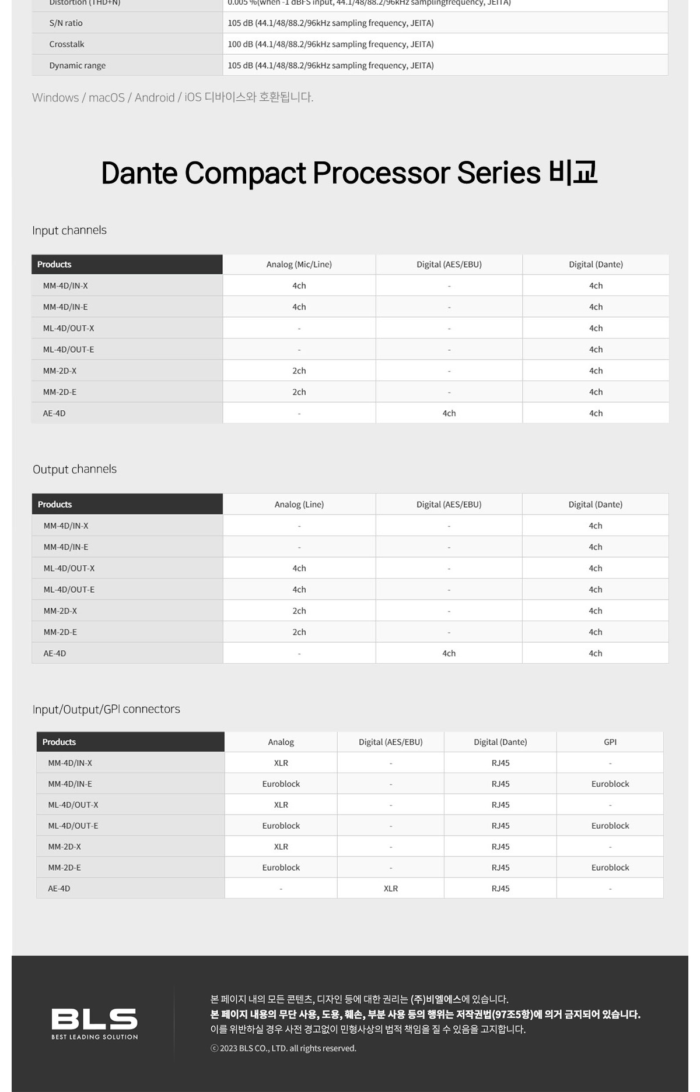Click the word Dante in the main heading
139,173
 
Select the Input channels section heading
69,230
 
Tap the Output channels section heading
75,469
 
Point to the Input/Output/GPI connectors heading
106,709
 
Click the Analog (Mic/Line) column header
299,265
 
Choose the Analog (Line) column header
299,505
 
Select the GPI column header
610,742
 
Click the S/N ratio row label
66,23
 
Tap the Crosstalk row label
66,44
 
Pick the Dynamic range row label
78,65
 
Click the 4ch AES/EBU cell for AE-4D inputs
449,413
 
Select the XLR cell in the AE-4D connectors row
391,889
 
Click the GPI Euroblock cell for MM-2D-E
610,868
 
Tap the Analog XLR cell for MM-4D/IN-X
281,763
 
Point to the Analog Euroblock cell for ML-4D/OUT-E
281,826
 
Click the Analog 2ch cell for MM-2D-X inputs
299,371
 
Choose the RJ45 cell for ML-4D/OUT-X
501,805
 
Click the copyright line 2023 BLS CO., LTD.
283,1048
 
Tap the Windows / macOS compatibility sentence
173,97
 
